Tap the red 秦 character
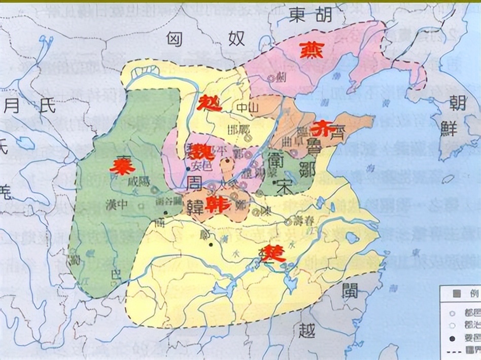pos(121,165)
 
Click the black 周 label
pos(196,183)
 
